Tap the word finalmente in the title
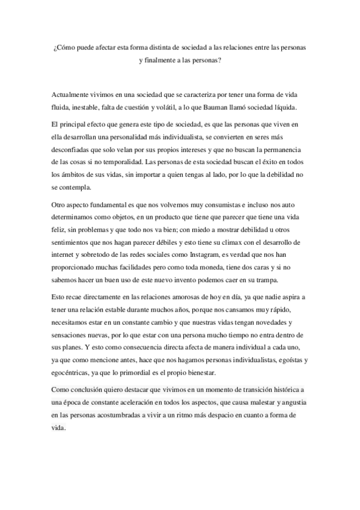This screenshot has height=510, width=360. coord(160,61)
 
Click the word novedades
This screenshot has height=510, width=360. coord(273,322)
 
